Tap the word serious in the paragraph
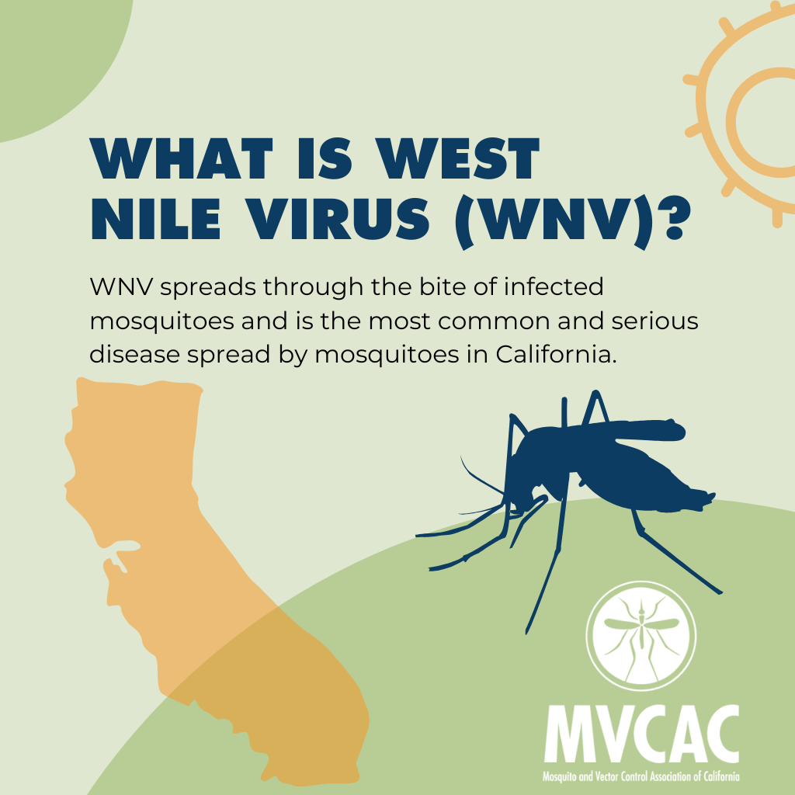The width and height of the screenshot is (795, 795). (x=652, y=321)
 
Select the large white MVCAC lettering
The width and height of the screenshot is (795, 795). (x=641, y=734)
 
